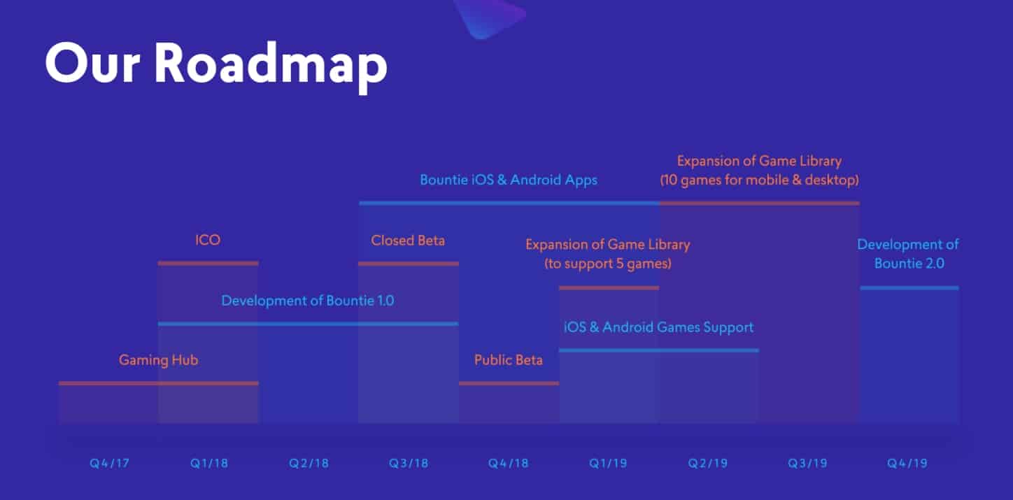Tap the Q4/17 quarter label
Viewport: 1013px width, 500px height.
pos(109,464)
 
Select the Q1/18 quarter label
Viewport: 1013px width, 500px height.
pos(209,464)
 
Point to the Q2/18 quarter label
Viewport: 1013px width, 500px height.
pos(309,464)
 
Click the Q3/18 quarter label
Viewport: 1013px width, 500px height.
pos(409,464)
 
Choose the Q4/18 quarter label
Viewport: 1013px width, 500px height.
pos(509,464)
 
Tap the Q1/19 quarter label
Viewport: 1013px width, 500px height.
pos(608,464)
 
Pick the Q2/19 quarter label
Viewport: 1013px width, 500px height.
pos(708,464)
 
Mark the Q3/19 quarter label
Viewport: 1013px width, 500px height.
pos(808,464)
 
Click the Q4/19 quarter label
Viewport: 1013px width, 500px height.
pos(907,464)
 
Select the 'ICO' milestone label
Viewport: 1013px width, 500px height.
pos(208,240)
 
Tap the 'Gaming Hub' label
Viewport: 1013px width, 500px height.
pos(158,360)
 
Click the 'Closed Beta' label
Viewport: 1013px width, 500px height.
pos(408,241)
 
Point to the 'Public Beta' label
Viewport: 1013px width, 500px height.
pos(509,360)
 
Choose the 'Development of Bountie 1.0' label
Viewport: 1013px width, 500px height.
pos(308,301)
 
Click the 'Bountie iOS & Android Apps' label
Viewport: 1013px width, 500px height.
pos(509,180)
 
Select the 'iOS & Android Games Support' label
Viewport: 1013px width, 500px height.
pos(658,327)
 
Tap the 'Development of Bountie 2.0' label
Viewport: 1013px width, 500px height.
pos(908,254)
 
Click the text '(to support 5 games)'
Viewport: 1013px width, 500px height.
pos(608,264)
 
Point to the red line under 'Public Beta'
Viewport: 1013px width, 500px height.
pos(509,383)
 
